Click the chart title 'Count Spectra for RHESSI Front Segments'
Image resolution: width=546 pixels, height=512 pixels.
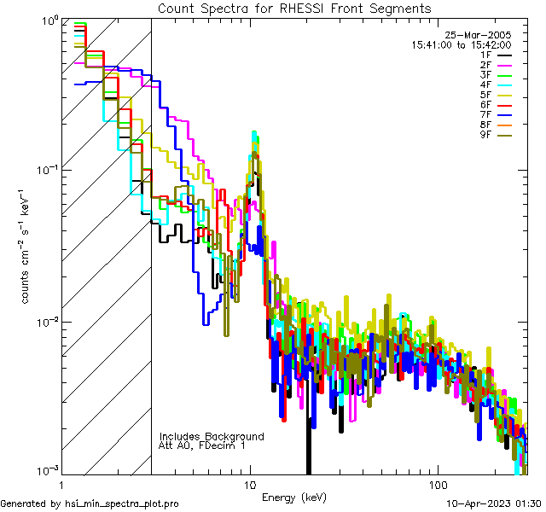tap(294, 8)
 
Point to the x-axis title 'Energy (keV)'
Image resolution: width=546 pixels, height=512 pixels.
tap(293, 497)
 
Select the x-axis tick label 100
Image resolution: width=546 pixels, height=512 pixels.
tap(437, 484)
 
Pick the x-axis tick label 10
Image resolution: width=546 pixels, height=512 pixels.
tap(250, 484)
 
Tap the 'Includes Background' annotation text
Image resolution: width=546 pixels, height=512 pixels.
tap(212, 436)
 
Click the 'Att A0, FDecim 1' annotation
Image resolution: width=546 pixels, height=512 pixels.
tap(202, 445)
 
